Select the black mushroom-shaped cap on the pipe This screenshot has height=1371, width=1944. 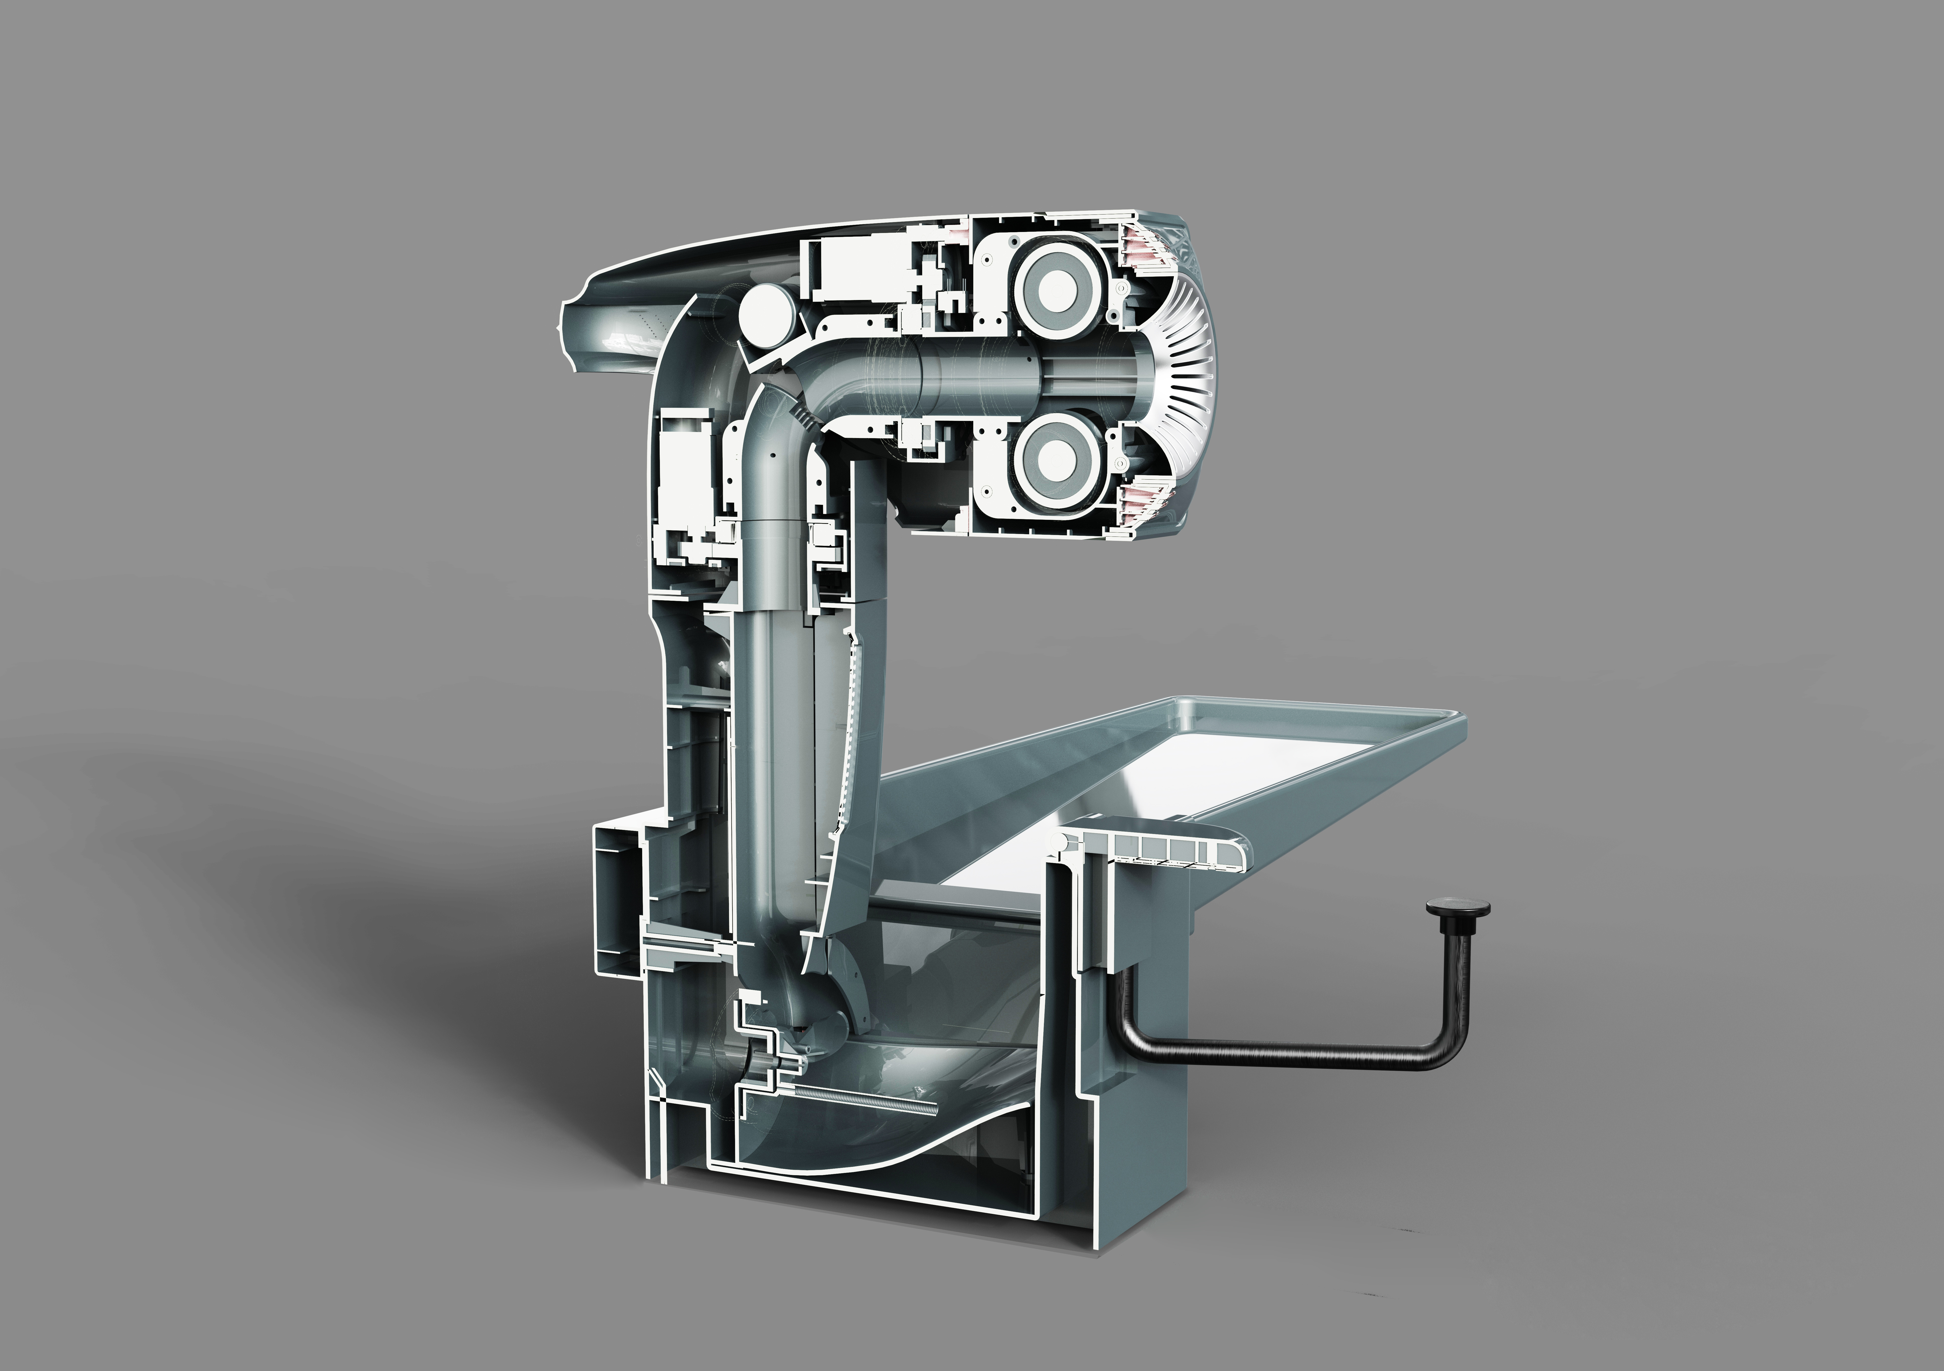[1458, 933]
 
